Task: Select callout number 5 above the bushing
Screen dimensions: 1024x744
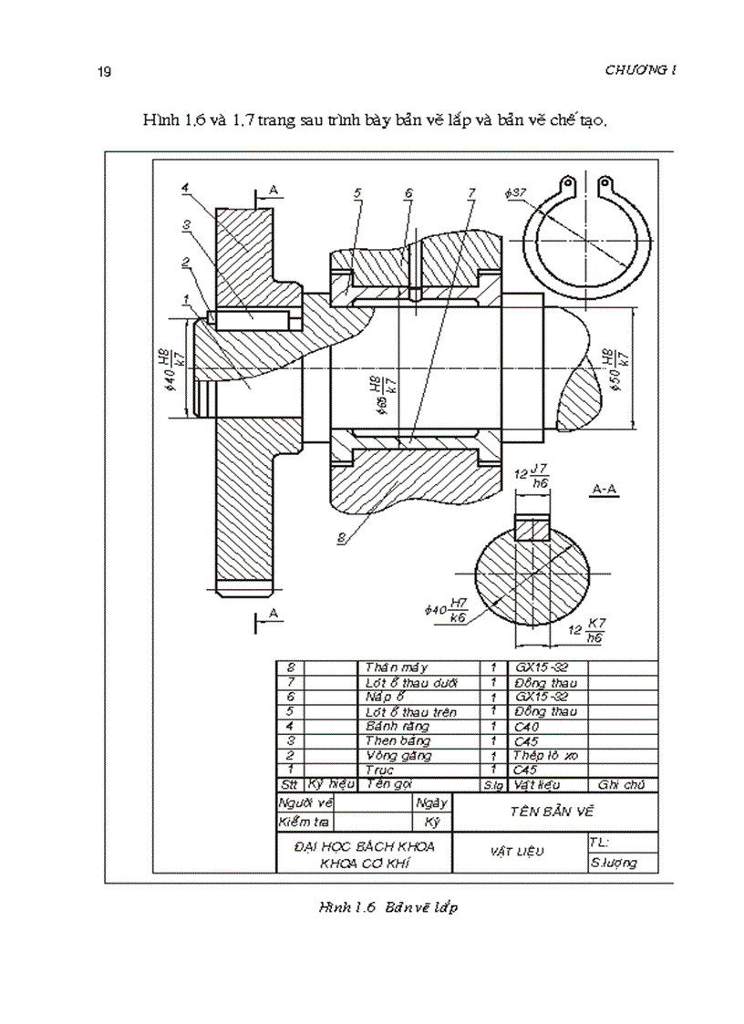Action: point(358,192)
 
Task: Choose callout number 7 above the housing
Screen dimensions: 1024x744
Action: point(471,192)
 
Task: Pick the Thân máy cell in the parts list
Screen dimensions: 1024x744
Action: point(389,667)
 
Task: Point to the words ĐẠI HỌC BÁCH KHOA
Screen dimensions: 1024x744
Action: point(366,846)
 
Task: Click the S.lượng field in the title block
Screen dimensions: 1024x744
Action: point(614,863)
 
